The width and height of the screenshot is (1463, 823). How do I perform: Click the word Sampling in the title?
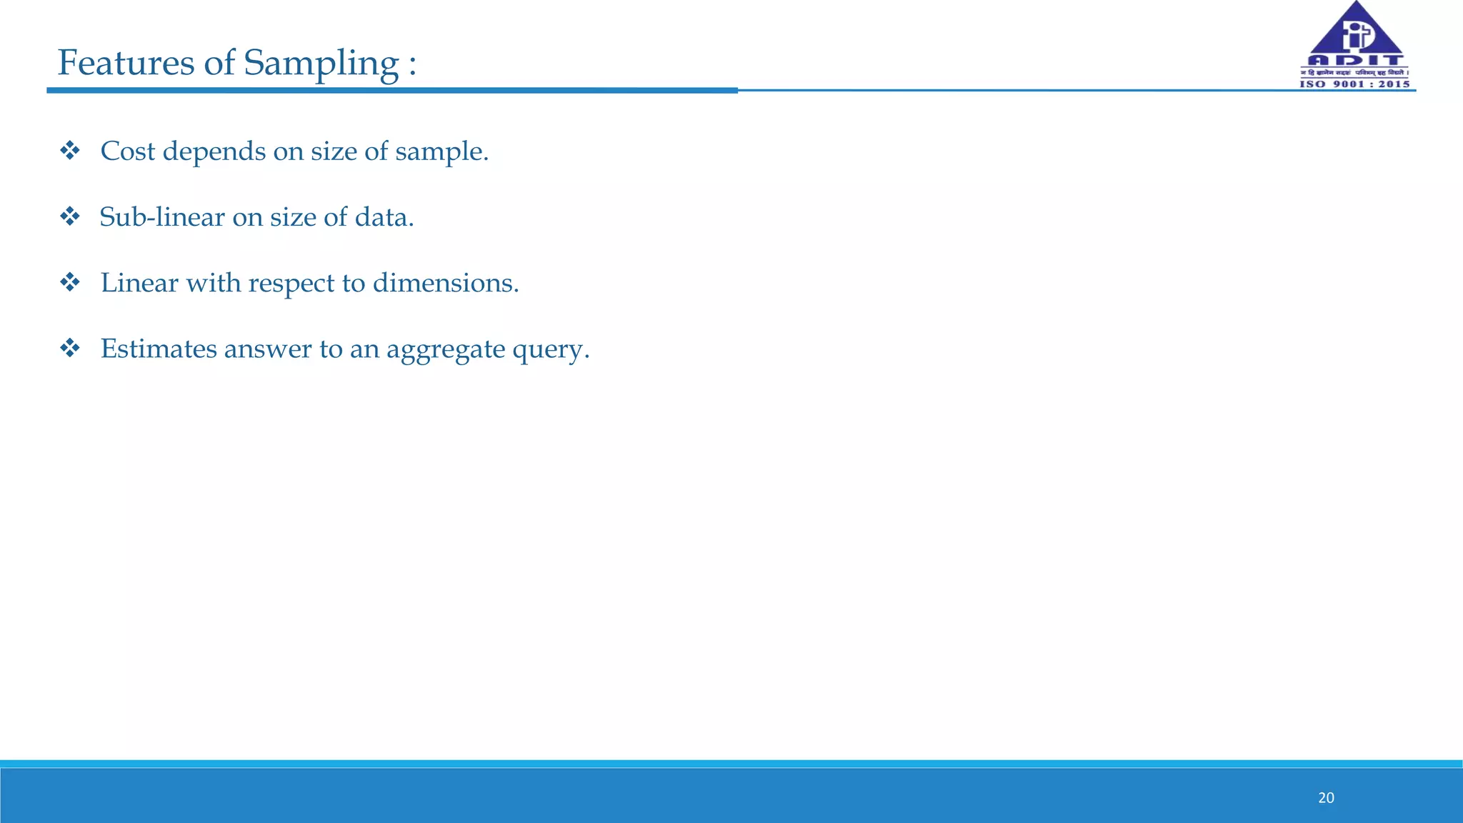pyautogui.click(x=321, y=63)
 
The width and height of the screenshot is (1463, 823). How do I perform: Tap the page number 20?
pyautogui.click(x=1326, y=798)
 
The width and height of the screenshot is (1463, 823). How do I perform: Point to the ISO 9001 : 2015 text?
pyautogui.click(x=1354, y=84)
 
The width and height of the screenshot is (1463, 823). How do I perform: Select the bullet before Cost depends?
pyautogui.click(x=70, y=151)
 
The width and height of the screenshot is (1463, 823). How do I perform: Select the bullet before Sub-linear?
pyautogui.click(x=70, y=216)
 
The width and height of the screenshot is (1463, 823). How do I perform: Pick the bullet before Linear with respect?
pyautogui.click(x=70, y=283)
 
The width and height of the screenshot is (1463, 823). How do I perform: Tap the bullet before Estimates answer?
pyautogui.click(x=70, y=349)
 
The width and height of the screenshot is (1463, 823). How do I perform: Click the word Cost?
pyautogui.click(x=127, y=151)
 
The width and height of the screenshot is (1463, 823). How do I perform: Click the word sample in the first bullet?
pyautogui.click(x=441, y=151)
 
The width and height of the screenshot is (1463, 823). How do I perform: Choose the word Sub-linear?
pyautogui.click(x=162, y=217)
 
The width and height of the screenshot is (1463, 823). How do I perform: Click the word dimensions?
pyautogui.click(x=445, y=283)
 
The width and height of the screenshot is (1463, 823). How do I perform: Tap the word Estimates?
pyautogui.click(x=158, y=349)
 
